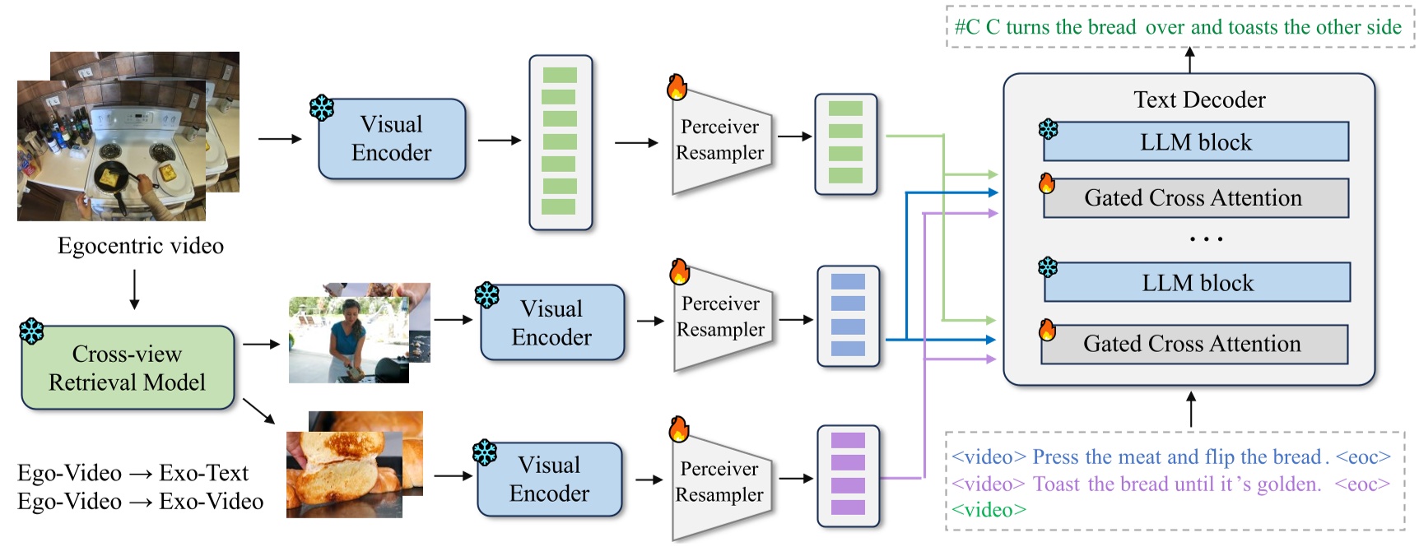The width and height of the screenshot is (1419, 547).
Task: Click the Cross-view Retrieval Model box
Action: pos(128,368)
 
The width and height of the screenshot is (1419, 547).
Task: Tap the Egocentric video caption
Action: pos(141,246)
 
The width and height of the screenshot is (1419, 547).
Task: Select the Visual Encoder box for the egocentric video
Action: pos(392,139)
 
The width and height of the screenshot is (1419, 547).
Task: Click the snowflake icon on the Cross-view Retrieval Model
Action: pos(32,331)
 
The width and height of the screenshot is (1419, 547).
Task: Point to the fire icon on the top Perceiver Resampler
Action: pos(677,87)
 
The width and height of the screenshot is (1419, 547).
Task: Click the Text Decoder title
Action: pos(1199,100)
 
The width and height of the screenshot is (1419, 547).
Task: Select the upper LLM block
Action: pos(1196,142)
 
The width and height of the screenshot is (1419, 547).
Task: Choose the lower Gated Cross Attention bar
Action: pos(1193,344)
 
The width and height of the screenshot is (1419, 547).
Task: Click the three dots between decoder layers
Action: pos(1206,239)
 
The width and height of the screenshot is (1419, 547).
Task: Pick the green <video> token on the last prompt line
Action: pos(989,510)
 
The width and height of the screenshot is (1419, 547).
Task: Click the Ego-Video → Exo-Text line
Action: pos(133,473)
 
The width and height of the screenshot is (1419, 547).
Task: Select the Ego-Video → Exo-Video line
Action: pos(141,501)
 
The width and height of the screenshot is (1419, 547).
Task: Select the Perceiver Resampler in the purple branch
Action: pos(720,481)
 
